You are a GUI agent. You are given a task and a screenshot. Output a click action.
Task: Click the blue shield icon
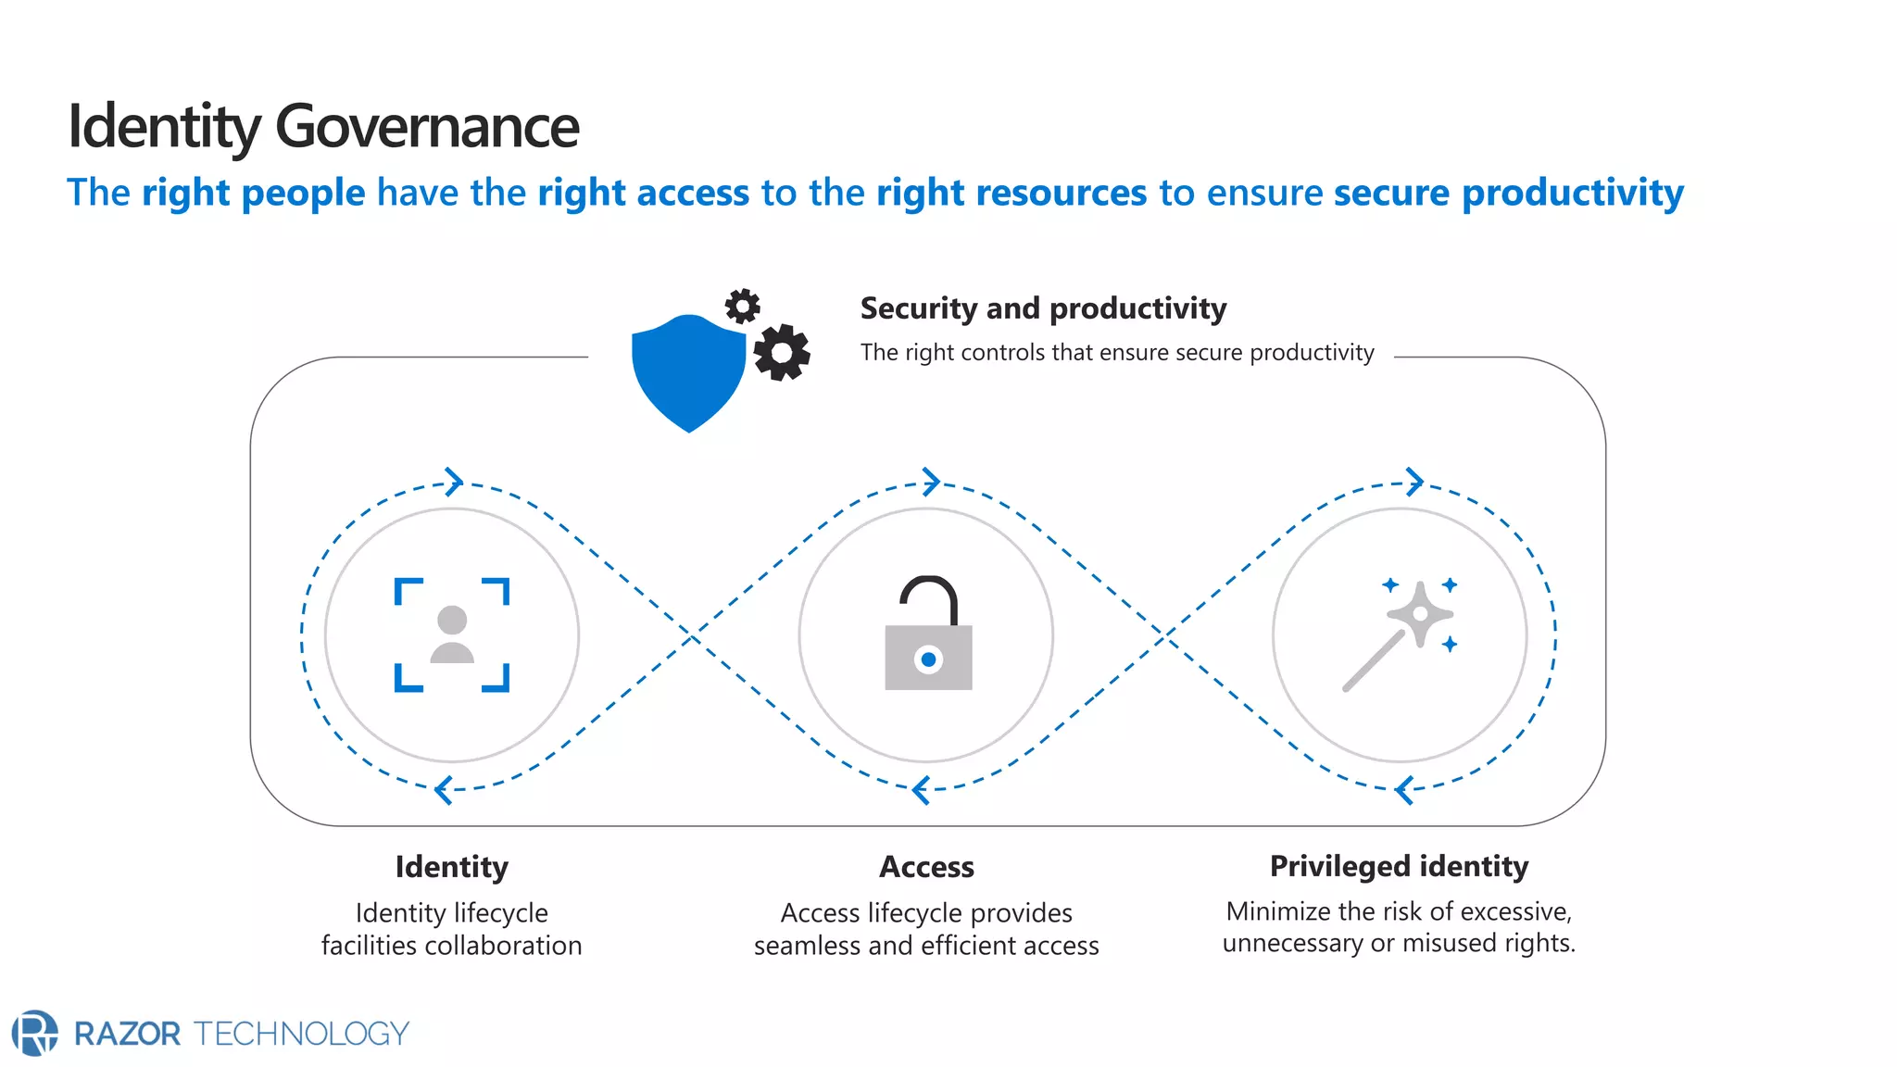[688, 371]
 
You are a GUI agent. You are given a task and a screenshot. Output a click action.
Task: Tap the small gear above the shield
[742, 306]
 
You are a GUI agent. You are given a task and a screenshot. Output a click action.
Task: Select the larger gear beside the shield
[781, 352]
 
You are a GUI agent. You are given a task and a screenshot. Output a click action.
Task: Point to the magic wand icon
[1399, 635]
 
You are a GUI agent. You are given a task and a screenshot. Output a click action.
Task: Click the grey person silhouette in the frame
[452, 634]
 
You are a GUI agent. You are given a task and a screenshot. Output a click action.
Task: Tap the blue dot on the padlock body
[928, 659]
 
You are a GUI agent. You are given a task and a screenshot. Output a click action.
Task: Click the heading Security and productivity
[1043, 308]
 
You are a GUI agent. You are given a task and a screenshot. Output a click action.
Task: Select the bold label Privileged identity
[1399, 866]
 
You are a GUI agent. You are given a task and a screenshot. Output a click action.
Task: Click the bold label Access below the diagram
[926, 867]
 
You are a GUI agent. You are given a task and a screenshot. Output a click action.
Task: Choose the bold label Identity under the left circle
[452, 867]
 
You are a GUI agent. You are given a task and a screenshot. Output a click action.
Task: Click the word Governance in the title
[427, 127]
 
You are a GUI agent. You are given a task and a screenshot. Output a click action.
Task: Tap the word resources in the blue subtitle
[1011, 193]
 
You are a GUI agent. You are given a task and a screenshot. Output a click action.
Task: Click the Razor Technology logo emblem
[35, 1033]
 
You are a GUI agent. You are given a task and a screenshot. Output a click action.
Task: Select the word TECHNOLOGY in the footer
[302, 1034]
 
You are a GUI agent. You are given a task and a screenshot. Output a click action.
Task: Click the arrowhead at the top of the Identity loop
[454, 481]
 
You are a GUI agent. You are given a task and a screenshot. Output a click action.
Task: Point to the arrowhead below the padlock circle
[920, 790]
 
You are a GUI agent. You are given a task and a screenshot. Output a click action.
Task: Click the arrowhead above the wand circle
[1414, 481]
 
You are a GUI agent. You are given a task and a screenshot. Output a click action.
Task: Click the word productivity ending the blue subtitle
[1572, 193]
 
